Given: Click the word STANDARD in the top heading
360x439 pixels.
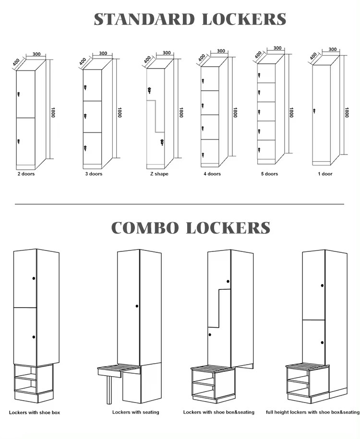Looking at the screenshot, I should pyautogui.click(x=144, y=20).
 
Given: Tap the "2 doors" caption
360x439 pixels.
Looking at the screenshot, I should pyautogui.click(x=26, y=174).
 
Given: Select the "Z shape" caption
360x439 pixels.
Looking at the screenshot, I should pyautogui.click(x=159, y=174).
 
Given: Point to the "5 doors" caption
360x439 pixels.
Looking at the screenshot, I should pyautogui.click(x=269, y=174).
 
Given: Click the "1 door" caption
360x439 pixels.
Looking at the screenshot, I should pyautogui.click(x=324, y=174).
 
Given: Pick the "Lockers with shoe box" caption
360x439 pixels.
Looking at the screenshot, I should pyautogui.click(x=34, y=412).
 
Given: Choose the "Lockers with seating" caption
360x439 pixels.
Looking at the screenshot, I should pyautogui.click(x=135, y=412).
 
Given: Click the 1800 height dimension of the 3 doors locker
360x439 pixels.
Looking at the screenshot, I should pyautogui.click(x=119, y=113).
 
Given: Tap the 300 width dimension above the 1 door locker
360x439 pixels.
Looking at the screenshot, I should pyautogui.click(x=332, y=49).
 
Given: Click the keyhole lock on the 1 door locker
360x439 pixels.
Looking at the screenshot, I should pyautogui.click(x=314, y=111).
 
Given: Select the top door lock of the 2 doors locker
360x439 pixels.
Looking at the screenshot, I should pyautogui.click(x=19, y=94).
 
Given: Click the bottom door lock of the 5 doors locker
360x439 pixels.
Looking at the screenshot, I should pyautogui.click(x=259, y=148).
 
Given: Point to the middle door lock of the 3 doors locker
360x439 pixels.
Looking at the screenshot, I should pyautogui.click(x=85, y=116).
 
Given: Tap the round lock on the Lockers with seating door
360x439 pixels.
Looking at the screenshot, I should pyautogui.click(x=137, y=306).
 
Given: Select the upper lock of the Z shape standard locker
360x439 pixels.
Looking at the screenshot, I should pyautogui.click(x=149, y=90).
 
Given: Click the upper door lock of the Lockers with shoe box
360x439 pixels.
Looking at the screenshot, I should pyautogui.click(x=34, y=278).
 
